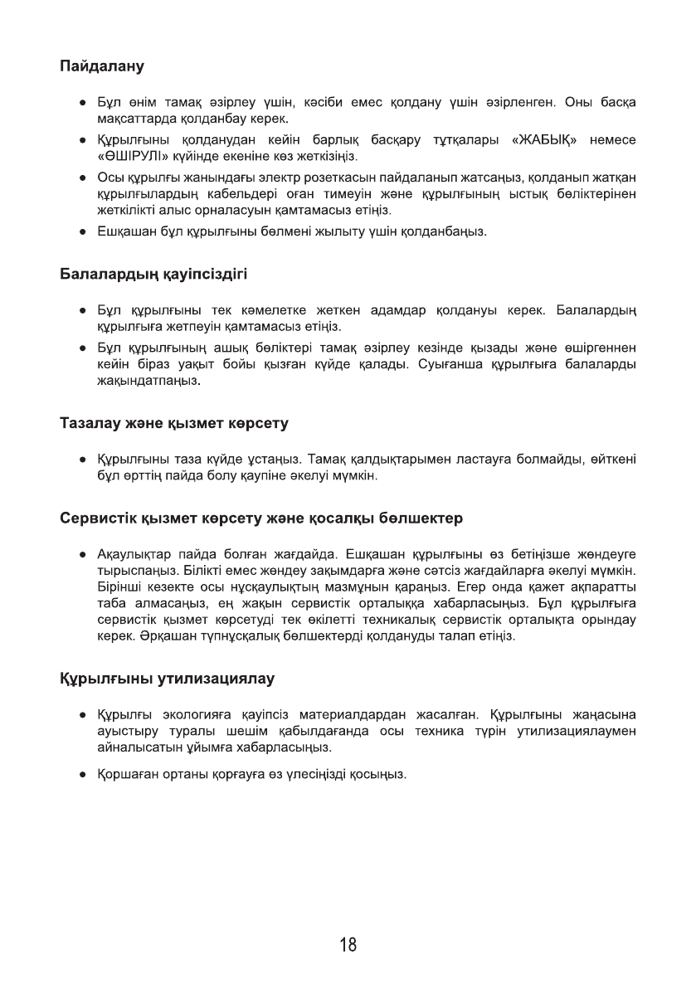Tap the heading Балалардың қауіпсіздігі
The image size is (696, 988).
(153, 273)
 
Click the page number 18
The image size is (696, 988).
(348, 945)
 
